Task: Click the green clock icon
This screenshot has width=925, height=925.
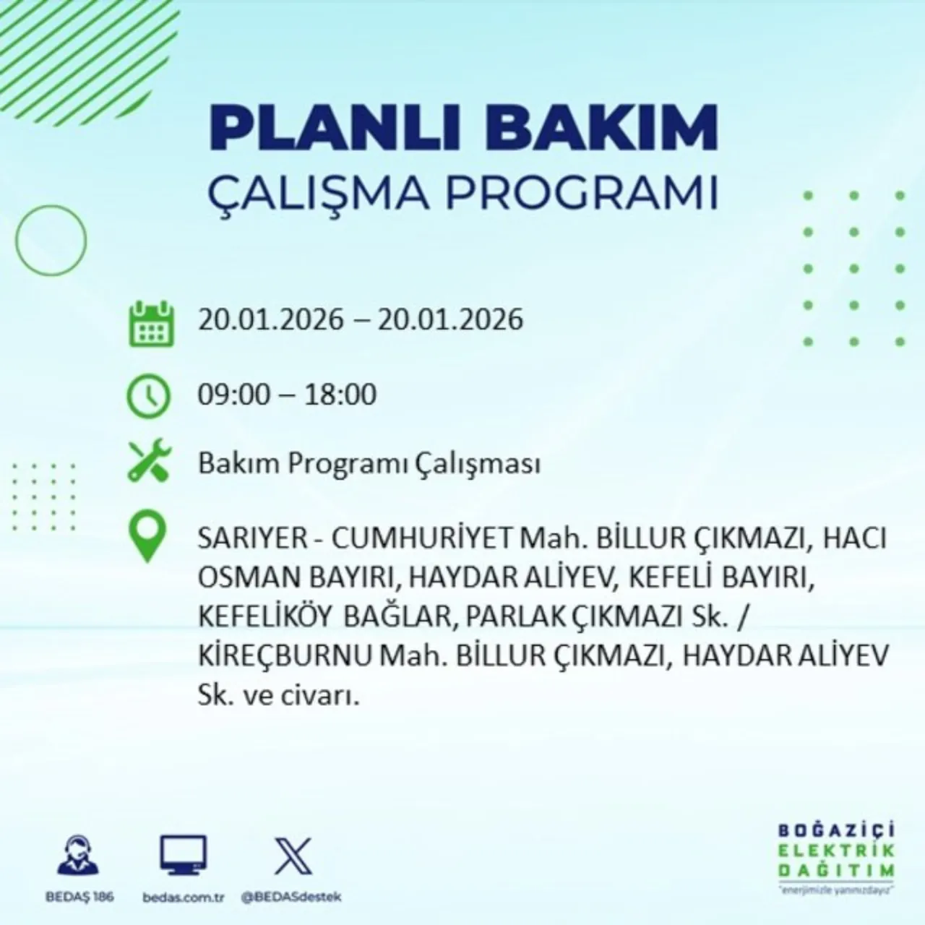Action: tap(148, 396)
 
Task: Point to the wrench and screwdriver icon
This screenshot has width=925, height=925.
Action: tap(149, 463)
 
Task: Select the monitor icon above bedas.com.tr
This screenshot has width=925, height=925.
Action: tap(183, 855)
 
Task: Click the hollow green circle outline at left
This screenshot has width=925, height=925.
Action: tap(51, 239)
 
